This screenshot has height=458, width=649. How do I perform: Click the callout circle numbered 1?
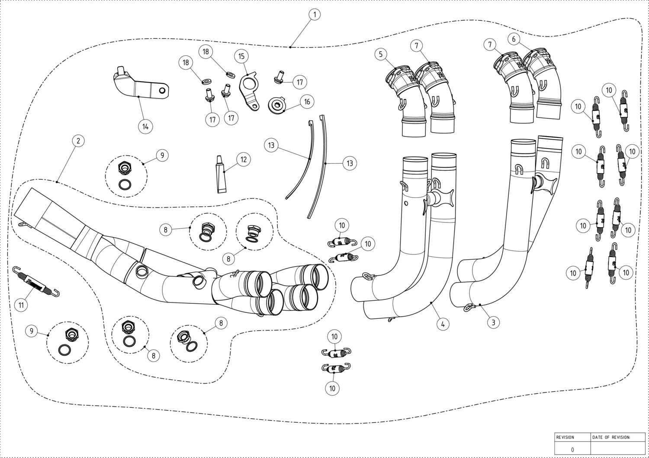click(x=315, y=14)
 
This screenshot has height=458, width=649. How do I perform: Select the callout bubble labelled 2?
click(x=78, y=141)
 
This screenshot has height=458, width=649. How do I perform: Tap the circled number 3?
click(x=493, y=322)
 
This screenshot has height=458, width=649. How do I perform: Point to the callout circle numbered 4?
click(x=443, y=324)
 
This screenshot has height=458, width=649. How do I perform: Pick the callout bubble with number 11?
click(x=21, y=305)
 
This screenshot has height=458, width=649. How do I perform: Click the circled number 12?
click(x=243, y=159)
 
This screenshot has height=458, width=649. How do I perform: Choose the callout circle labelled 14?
click(x=145, y=127)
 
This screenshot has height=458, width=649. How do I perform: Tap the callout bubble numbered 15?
click(x=241, y=56)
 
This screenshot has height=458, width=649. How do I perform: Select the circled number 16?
click(x=307, y=102)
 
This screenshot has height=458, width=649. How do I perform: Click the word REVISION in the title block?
click(x=565, y=437)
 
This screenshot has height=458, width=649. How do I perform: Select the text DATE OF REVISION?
click(x=611, y=437)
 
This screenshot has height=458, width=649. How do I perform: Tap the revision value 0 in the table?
click(x=572, y=450)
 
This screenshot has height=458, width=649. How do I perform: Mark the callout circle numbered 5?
click(x=381, y=54)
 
